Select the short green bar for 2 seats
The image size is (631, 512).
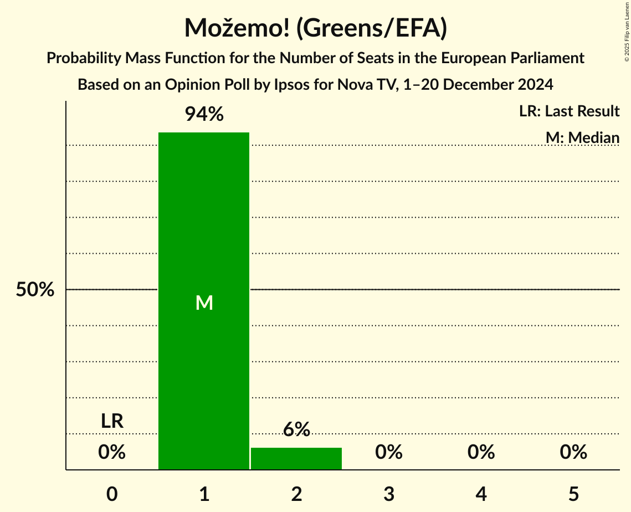(296, 459)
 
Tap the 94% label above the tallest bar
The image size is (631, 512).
(204, 115)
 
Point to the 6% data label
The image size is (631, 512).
(296, 429)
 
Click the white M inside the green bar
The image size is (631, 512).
(204, 303)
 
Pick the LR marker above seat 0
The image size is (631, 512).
(112, 421)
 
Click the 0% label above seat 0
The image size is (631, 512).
(112, 452)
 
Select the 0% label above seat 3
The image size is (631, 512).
(389, 452)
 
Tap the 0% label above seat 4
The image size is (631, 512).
(481, 452)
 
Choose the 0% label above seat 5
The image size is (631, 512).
(573, 452)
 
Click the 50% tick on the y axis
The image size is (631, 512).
(35, 290)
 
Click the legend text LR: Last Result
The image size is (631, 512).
(569, 111)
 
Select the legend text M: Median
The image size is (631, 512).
(582, 137)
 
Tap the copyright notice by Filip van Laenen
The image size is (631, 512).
(627, 33)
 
